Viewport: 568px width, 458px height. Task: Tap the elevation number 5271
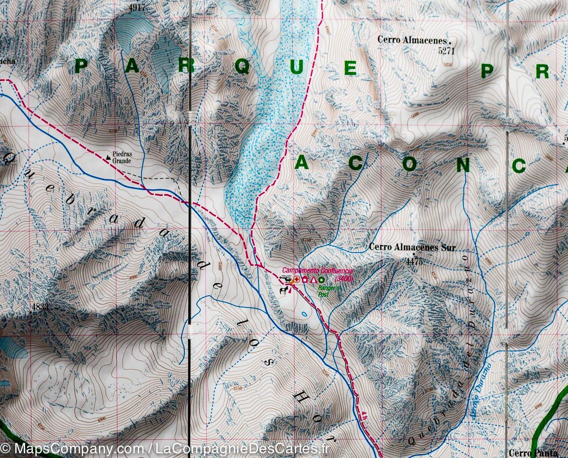(446, 50)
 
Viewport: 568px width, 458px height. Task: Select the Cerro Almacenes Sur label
(412, 247)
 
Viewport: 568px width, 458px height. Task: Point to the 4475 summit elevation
(414, 261)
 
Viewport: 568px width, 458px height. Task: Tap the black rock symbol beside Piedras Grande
(109, 155)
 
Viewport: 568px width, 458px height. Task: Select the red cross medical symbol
(296, 280)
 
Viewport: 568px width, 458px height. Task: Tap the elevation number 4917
(136, 8)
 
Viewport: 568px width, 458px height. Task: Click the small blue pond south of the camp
(303, 313)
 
